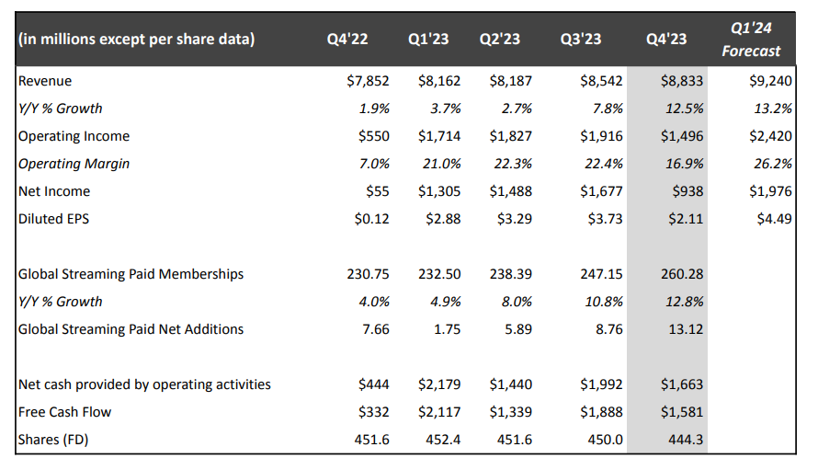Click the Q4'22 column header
point(347,40)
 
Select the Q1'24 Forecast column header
point(751,40)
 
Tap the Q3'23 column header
point(581,40)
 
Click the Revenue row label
point(45,81)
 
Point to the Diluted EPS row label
point(53,219)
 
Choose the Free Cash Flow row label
point(64,412)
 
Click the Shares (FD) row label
point(53,440)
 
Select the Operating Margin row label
point(74,164)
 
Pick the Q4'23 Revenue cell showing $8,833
point(682,81)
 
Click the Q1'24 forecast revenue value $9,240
point(770,81)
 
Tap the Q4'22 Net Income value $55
point(378,191)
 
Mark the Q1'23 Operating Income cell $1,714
point(439,136)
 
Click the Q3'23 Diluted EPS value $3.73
point(605,219)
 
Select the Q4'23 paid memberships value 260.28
point(682,274)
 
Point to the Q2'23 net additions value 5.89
point(518,329)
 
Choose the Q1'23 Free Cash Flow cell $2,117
point(439,412)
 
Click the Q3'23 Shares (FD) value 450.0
point(605,440)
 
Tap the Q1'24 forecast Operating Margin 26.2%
point(773,164)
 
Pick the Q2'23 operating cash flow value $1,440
point(511,384)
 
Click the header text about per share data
point(137,40)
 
